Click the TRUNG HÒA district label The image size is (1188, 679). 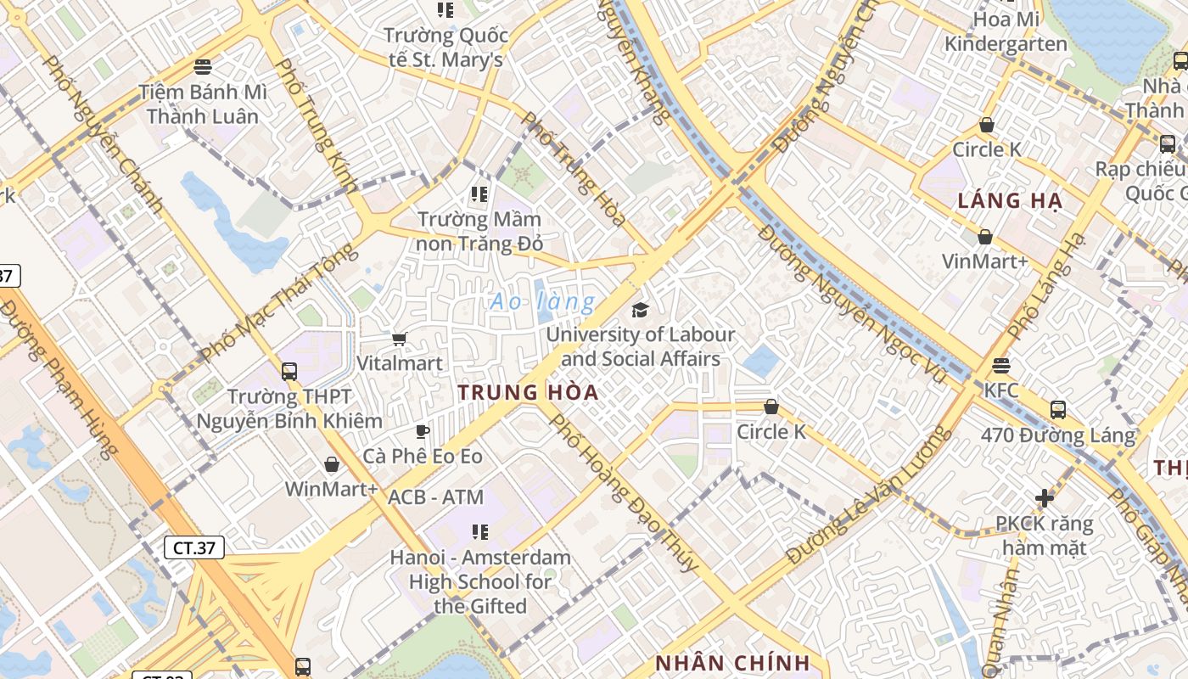[x=528, y=393]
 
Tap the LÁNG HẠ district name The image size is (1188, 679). [x=1010, y=201]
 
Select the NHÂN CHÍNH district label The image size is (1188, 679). [x=732, y=663]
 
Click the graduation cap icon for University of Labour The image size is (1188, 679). [x=640, y=310]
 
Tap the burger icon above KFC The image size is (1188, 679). [x=1001, y=366]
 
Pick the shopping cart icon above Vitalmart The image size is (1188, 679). [x=399, y=339]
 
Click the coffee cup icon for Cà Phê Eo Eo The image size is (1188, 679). [x=422, y=431]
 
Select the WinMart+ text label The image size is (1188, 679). [x=331, y=489]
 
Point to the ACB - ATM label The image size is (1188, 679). [x=435, y=497]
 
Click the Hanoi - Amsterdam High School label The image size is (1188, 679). [x=480, y=581]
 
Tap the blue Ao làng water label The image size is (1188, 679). [x=543, y=301]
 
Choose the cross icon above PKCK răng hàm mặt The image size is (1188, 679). [x=1045, y=498]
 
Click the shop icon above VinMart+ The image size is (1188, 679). [x=985, y=237]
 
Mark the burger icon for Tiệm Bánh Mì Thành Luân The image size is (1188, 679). [x=202, y=66]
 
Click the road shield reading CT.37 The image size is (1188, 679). [x=194, y=547]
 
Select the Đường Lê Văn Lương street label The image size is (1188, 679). [x=866, y=497]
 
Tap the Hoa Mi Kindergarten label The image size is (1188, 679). [x=1006, y=31]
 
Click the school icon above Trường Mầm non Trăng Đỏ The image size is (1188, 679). [x=479, y=194]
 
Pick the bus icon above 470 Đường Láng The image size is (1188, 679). [x=1057, y=410]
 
